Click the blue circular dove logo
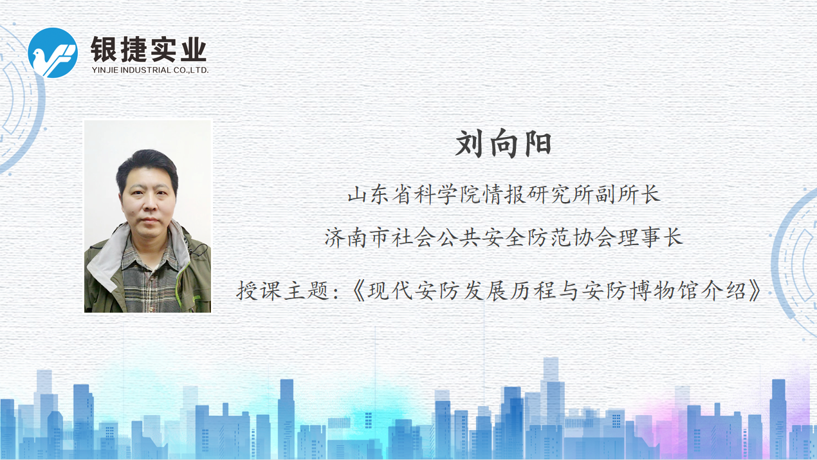pyautogui.click(x=53, y=53)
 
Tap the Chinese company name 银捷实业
pyautogui.click(x=149, y=50)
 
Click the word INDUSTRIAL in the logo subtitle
pyautogui.click(x=145, y=70)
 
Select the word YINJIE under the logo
pyautogui.click(x=105, y=70)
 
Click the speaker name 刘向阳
pyautogui.click(x=503, y=143)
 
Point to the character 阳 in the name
pyautogui.click(x=538, y=143)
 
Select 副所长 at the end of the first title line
pyautogui.click(x=628, y=194)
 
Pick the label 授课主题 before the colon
pyautogui.click(x=283, y=291)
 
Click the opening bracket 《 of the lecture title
pyautogui.click(x=359, y=291)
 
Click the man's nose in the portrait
pyautogui.click(x=149, y=205)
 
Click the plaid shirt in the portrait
pyautogui.click(x=149, y=281)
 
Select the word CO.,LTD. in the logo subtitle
pyautogui.click(x=191, y=70)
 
